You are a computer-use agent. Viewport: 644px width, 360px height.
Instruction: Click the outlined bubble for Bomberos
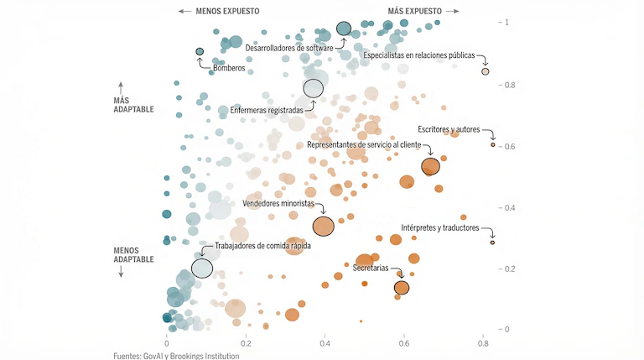point(200,52)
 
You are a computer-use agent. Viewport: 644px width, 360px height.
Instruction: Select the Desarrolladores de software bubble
point(344,29)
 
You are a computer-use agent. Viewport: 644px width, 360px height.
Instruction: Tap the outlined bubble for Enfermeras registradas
point(313,88)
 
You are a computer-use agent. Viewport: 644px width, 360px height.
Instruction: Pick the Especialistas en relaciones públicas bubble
point(486,71)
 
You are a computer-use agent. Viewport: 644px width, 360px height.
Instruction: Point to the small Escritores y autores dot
point(493,144)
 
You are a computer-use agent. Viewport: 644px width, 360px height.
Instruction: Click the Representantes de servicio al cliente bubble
point(430,166)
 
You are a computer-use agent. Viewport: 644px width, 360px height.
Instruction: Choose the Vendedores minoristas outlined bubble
point(324,226)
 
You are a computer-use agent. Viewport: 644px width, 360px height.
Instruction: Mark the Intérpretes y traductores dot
point(493,243)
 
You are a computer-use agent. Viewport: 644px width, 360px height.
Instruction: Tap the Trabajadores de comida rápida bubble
point(202,269)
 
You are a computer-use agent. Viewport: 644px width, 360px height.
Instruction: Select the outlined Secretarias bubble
point(402,288)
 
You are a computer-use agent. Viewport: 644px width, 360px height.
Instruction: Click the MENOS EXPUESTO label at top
point(227,11)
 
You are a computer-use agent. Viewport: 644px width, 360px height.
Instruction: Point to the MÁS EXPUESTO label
point(414,11)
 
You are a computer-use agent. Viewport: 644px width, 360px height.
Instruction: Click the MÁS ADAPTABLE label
point(133,104)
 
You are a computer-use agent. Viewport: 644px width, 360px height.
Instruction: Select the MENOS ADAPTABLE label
point(133,254)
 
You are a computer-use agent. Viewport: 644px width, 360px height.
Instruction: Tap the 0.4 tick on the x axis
point(325,343)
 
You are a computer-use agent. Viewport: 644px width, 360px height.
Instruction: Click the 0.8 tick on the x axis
point(484,343)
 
